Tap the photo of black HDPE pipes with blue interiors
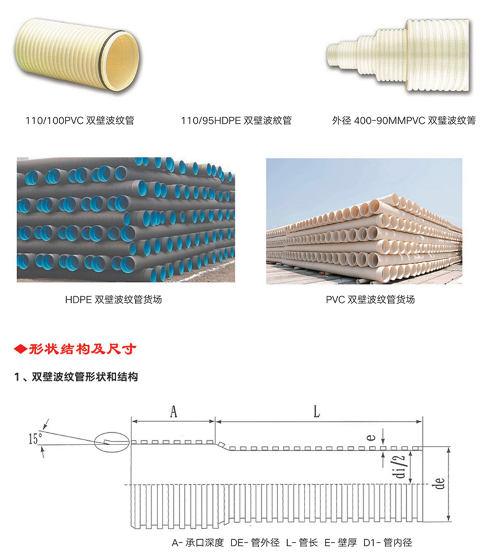coord(125,219)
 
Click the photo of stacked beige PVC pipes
coord(364,221)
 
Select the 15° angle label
coord(35,439)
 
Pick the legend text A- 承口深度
coord(197,543)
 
